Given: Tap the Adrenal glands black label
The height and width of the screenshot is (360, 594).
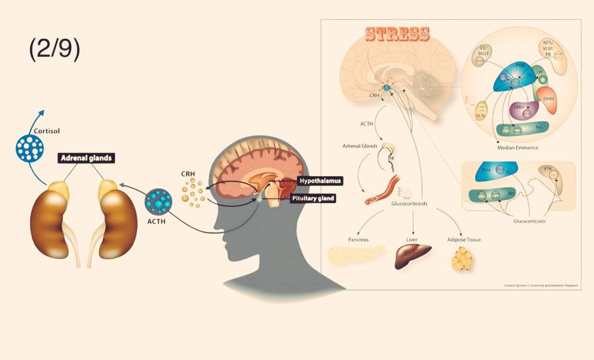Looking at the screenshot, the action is tap(87, 158).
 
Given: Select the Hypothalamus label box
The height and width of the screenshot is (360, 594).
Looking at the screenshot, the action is tap(320, 181).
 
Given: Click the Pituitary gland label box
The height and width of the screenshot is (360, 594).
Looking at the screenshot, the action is tap(313, 198).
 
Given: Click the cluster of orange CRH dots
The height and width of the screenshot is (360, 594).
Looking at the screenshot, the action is tap(193, 193).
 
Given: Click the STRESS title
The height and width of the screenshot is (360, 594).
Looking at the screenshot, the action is tap(398, 34).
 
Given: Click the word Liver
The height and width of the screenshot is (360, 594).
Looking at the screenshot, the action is tap(412, 239).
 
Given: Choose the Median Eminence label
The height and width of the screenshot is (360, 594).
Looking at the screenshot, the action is tap(518, 148).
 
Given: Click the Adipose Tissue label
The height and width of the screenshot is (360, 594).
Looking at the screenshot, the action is tap(464, 239).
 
